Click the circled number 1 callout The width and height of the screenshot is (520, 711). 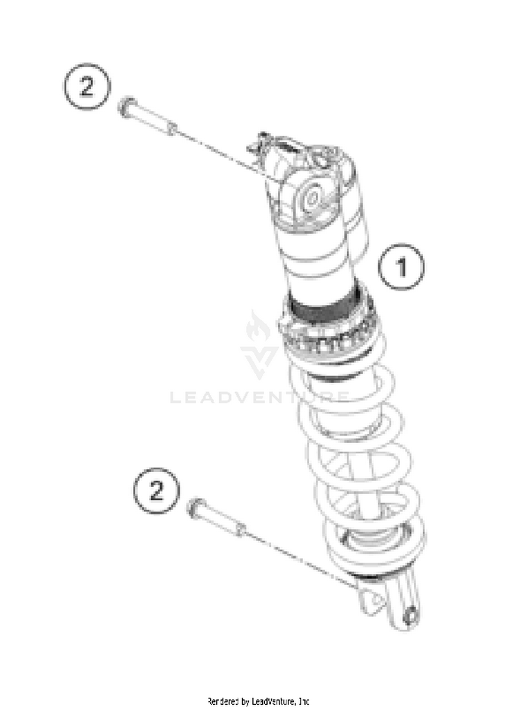401,267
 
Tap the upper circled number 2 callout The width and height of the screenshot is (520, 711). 86,86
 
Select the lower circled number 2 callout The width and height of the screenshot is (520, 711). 157,491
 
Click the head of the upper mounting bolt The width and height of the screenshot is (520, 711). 127,107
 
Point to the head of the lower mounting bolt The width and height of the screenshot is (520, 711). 196,508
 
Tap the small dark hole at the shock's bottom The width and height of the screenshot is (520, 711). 411,617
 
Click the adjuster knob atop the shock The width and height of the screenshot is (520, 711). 259,144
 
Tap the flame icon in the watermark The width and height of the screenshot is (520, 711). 257,327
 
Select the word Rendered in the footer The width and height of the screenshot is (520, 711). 223,702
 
